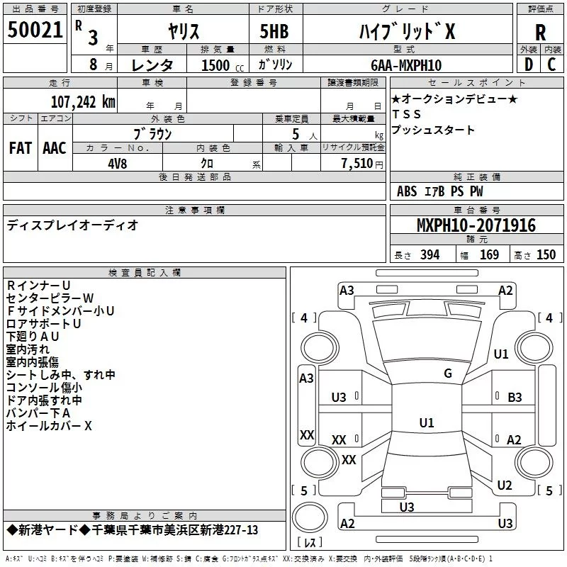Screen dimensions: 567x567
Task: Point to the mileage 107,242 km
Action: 84,101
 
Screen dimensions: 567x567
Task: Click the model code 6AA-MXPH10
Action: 406,65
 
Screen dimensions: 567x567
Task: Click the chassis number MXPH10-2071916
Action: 476,225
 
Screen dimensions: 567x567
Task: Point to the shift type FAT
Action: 21,148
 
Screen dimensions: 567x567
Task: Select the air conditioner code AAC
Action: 55,148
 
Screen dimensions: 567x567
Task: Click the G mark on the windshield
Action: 448,374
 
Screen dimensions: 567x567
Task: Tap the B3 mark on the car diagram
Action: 515,397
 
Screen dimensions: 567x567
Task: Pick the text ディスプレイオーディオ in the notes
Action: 73,225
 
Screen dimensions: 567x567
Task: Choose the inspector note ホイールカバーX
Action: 49,426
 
